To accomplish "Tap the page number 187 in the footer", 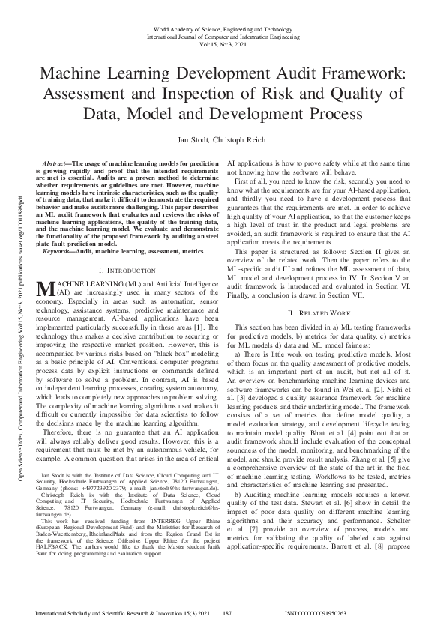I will pos(229,613).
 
